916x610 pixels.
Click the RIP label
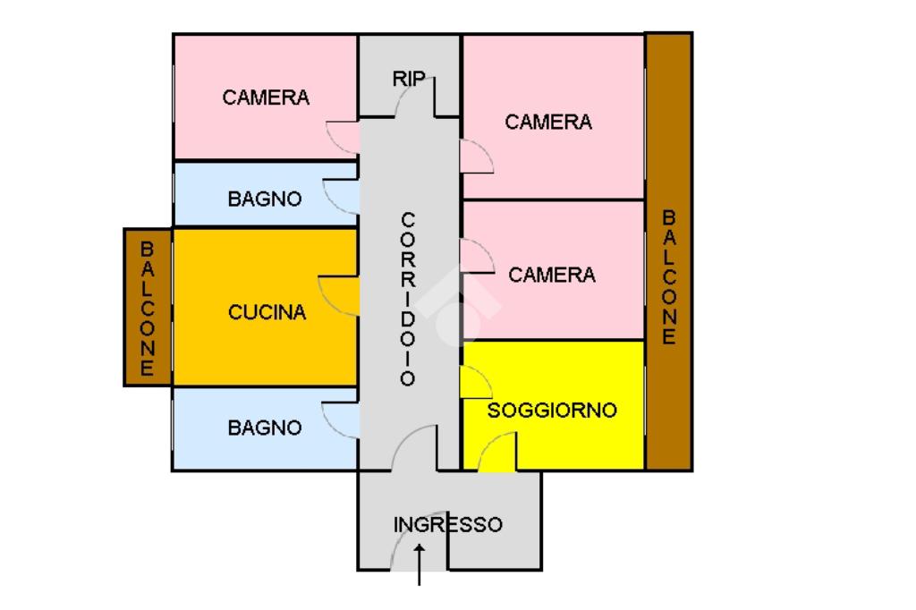coord(408,79)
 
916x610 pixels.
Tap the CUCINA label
coord(267,312)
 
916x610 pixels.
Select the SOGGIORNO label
coord(552,411)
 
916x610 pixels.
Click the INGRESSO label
coord(448,525)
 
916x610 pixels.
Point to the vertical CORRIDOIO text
coord(408,299)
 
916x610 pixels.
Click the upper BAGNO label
coord(265,199)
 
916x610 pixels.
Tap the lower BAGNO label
coord(265,428)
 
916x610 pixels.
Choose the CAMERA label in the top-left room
coord(266,97)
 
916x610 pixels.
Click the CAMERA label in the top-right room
coord(548,122)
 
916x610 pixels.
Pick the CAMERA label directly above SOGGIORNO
coord(552,275)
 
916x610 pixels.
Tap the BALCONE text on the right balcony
coord(669,277)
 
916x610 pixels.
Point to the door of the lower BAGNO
coord(341,419)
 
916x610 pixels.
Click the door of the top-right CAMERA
coord(475,157)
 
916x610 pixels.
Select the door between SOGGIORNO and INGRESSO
coord(498,453)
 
